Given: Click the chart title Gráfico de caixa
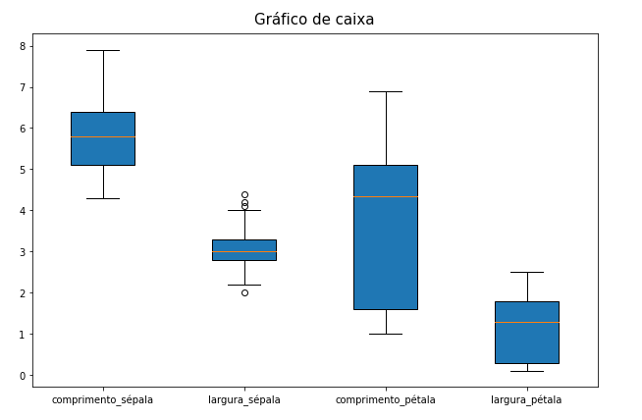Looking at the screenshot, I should (x=314, y=20).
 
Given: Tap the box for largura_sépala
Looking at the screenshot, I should (x=244, y=250).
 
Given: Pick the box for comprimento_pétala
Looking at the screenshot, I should (x=386, y=245).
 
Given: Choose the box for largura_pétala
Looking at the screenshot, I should (x=527, y=333).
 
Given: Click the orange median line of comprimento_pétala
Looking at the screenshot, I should (x=386, y=197).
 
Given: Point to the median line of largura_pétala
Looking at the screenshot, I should (x=527, y=322).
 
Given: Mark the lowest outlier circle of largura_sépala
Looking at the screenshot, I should (x=244, y=292).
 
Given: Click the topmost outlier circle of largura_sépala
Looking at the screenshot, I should (x=244, y=194).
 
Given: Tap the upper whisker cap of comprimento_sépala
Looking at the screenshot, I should (x=103, y=50).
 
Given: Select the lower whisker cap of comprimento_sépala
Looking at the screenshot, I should (x=103, y=198).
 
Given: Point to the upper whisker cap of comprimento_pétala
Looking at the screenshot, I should (x=386, y=91).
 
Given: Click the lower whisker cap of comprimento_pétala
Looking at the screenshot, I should (x=386, y=334).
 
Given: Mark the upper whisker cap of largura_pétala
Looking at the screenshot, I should (x=527, y=272).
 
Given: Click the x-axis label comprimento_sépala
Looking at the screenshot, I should (x=103, y=400).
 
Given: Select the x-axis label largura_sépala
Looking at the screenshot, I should (x=244, y=400).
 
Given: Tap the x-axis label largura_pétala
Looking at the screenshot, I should (x=527, y=400).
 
